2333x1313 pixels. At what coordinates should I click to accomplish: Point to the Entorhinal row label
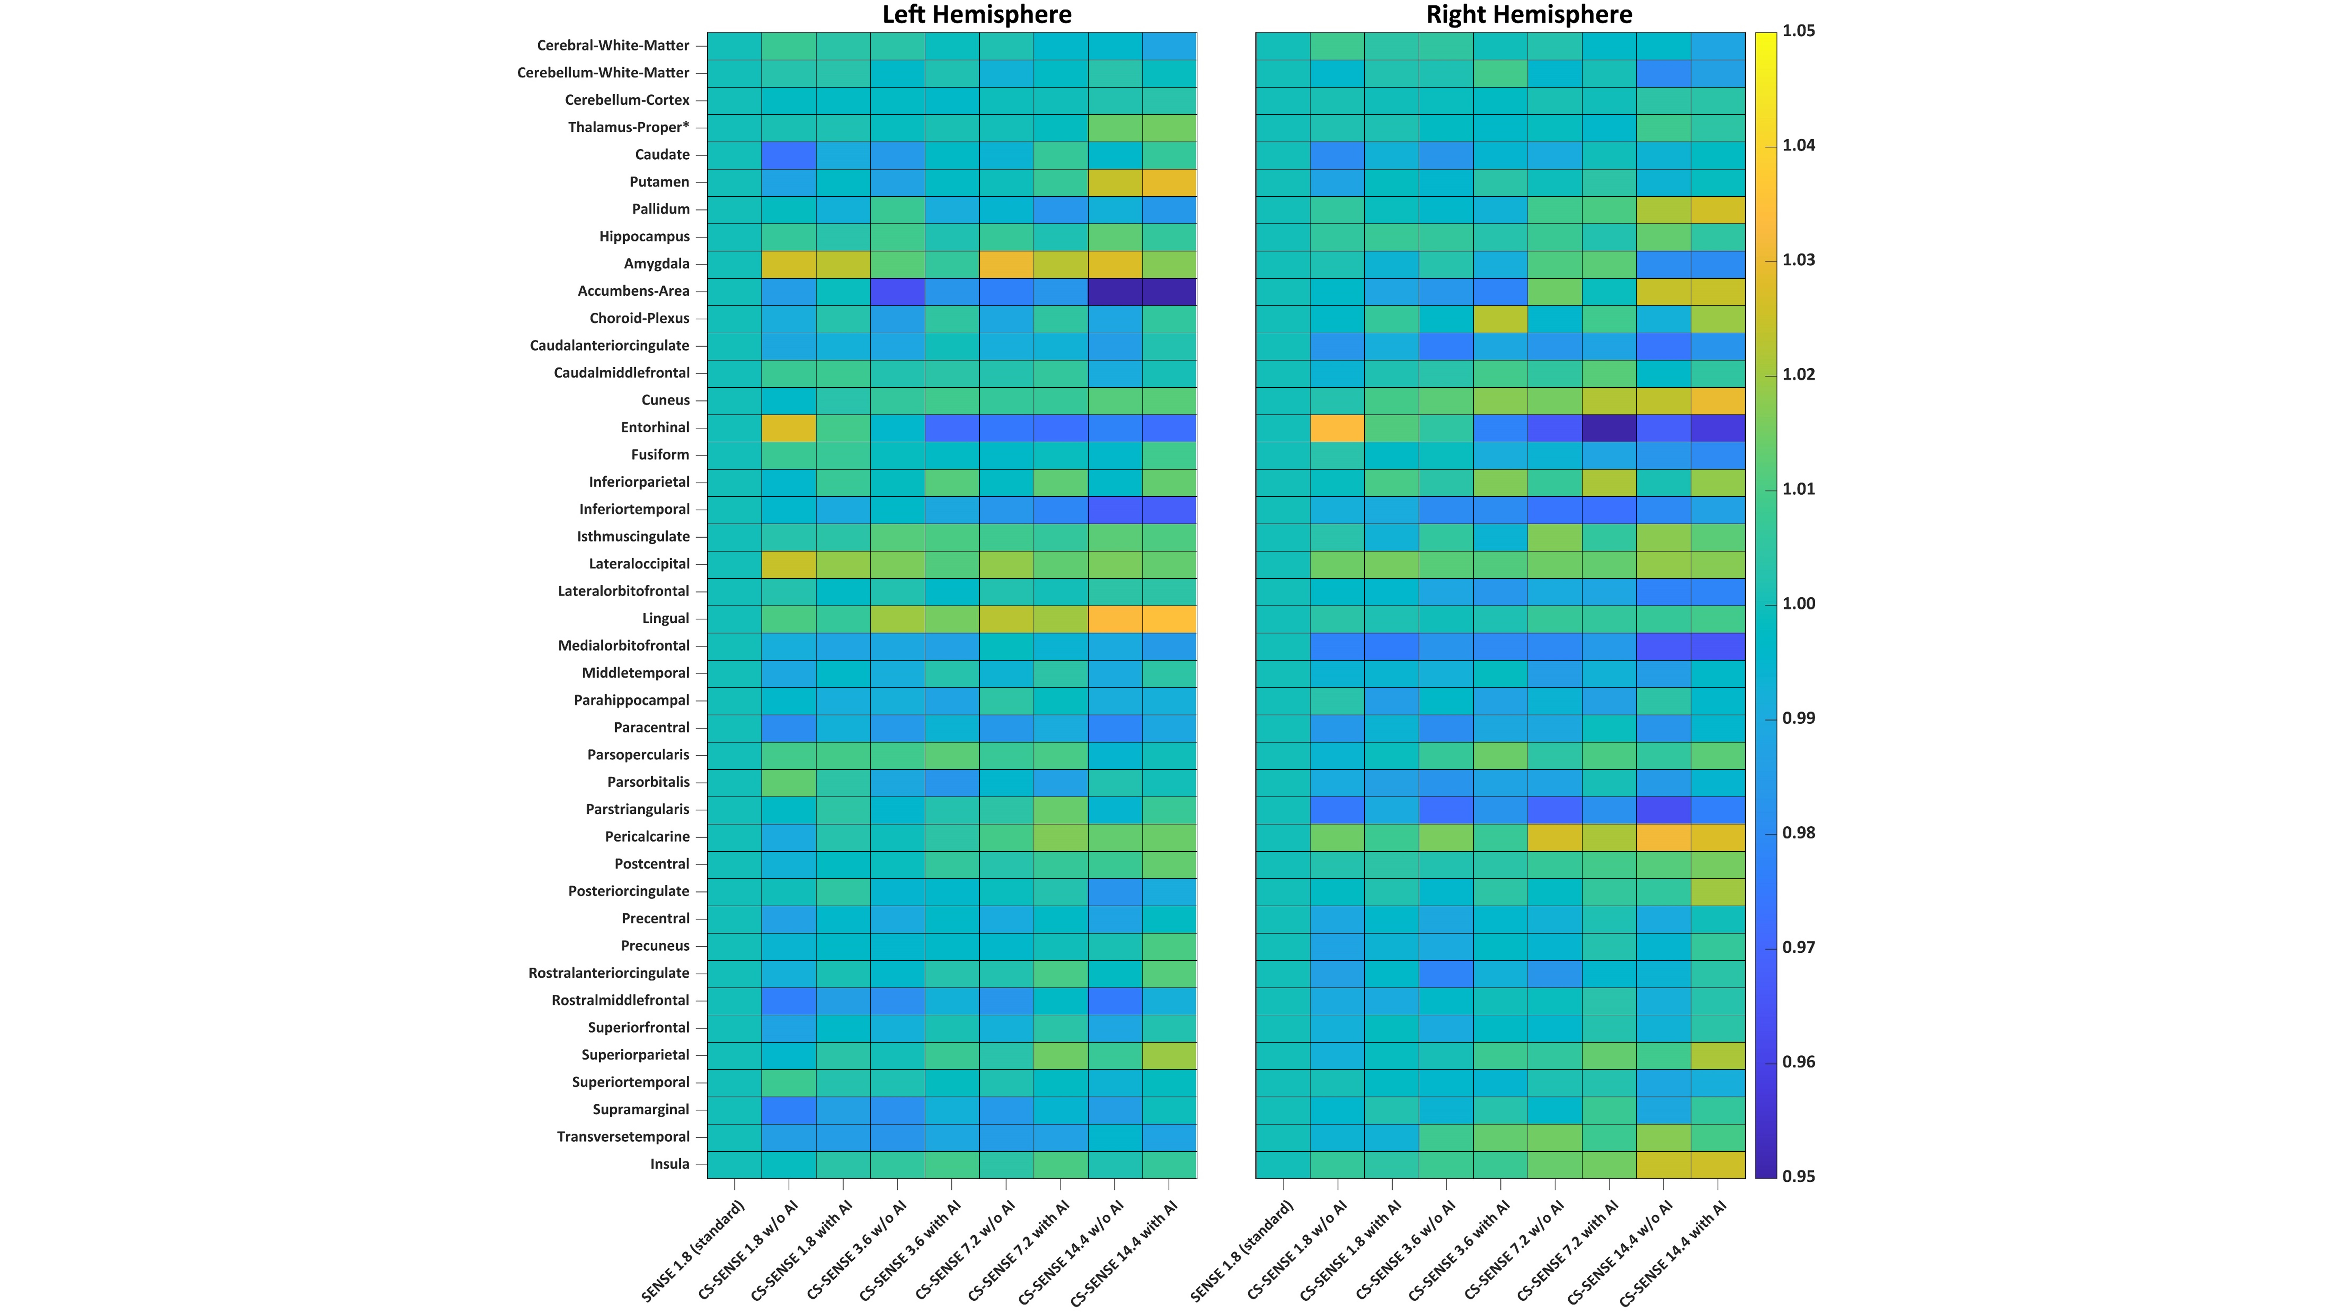point(655,427)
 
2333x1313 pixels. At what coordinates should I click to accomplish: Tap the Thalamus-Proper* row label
point(628,127)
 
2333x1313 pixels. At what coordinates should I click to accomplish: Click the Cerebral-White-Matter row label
point(613,45)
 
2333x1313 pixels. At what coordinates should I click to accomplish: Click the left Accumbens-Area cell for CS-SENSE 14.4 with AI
point(1169,291)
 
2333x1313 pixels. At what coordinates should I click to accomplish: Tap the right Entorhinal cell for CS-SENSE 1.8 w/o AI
point(1337,427)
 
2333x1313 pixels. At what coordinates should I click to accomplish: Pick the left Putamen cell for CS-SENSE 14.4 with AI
point(1169,182)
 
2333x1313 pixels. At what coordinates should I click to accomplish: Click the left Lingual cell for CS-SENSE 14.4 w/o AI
point(1115,618)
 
